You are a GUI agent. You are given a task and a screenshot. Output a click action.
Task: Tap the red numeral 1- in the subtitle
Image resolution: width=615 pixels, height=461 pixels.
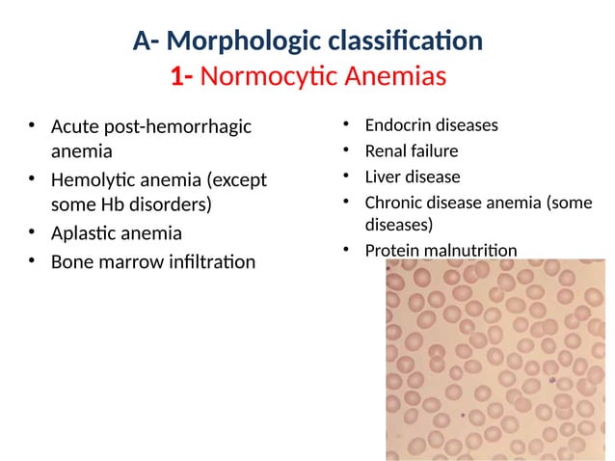pos(183,76)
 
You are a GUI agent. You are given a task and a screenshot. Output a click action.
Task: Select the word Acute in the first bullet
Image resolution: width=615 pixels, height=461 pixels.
pos(74,126)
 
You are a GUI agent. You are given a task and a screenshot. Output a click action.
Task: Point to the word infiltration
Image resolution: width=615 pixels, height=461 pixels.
pos(207,261)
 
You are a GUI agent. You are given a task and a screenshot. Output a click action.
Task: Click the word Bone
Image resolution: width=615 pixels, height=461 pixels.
pos(71,261)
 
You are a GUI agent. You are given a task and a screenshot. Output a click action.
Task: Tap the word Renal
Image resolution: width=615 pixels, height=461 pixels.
pos(385,151)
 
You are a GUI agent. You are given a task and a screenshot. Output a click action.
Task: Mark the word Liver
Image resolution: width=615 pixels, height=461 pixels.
pos(382,176)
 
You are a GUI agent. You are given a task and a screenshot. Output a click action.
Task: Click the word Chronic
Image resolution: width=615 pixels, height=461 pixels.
pos(393,202)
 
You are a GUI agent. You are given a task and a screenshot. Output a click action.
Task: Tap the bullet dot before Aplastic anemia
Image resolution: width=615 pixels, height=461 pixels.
pos(33,233)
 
